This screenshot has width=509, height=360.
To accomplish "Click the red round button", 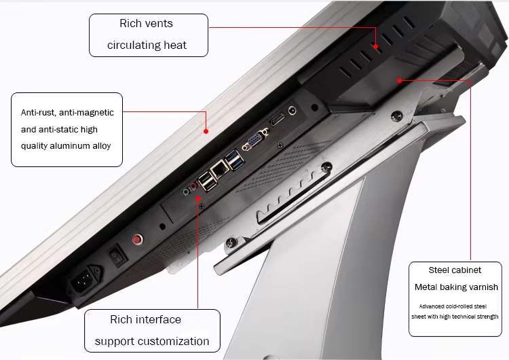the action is (138, 240).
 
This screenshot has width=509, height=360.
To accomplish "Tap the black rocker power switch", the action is (117, 255).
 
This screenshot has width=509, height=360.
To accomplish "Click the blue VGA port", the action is (256, 139).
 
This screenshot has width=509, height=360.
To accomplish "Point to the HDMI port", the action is (278, 120).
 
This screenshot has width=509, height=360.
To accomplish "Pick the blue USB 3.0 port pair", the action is (234, 160).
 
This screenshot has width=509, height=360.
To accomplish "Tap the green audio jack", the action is (186, 192).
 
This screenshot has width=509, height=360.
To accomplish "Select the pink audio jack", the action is (194, 186).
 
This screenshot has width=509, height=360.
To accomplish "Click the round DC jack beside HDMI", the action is (293, 111).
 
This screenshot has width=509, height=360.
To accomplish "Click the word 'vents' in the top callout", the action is (159, 23).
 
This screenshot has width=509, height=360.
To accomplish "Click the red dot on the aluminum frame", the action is (206, 131).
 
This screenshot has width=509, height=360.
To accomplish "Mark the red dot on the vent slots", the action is (375, 46).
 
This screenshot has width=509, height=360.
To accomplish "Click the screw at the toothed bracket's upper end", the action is (326, 167).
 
